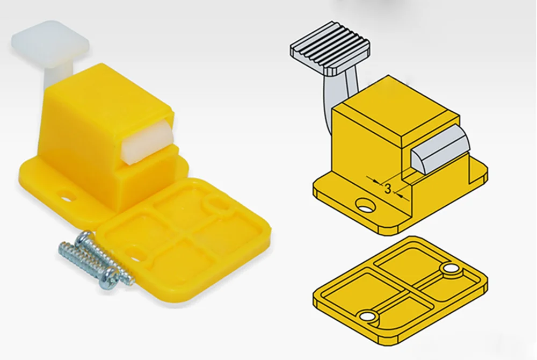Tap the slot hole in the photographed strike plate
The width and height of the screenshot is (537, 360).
click(x=137, y=253)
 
